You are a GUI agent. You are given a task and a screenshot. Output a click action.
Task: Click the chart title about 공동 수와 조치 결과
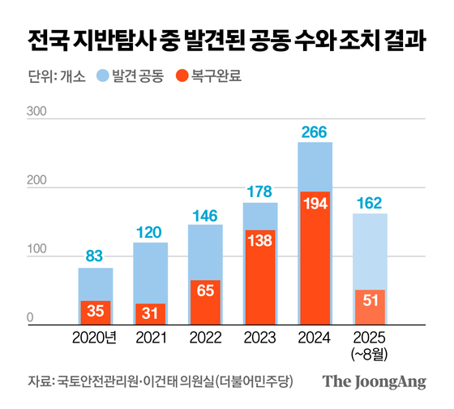227,39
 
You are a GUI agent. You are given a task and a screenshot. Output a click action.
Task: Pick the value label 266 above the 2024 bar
315,131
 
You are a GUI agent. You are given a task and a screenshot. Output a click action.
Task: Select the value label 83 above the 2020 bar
95,256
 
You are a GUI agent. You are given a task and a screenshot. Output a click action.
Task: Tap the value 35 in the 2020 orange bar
95,311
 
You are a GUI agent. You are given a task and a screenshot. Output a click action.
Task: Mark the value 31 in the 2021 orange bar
150,313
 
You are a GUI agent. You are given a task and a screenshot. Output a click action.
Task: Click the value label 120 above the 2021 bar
150,231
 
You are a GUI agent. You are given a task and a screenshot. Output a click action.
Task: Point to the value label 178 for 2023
259,192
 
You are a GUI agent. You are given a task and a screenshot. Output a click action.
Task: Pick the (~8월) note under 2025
370,353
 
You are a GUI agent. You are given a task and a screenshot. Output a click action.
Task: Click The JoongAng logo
374,381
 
